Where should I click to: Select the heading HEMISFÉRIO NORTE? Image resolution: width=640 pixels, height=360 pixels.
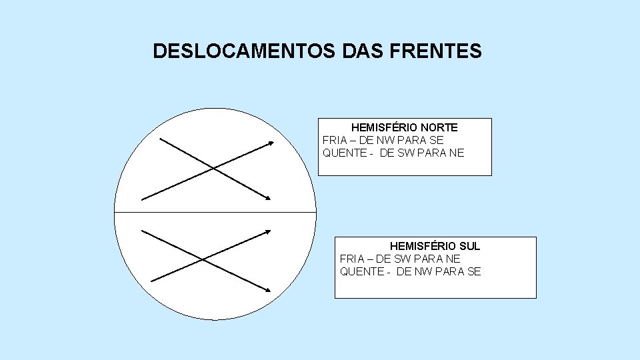point(404,127)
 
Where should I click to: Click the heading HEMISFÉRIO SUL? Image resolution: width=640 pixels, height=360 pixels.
point(435,246)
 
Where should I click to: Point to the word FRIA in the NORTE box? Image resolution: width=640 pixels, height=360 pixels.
point(334,140)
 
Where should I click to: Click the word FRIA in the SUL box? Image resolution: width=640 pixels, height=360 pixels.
point(351,259)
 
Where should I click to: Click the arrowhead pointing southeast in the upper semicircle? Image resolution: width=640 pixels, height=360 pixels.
point(268,198)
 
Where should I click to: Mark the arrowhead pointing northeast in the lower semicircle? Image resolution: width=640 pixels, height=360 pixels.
point(268,231)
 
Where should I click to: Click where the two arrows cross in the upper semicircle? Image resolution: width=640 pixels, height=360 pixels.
point(212,168)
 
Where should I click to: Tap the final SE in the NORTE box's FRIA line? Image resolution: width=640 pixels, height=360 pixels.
point(437,140)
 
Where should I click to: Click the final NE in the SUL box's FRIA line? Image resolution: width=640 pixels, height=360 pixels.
point(453,259)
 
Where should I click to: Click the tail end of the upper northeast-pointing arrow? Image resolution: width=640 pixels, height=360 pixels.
point(143,199)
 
